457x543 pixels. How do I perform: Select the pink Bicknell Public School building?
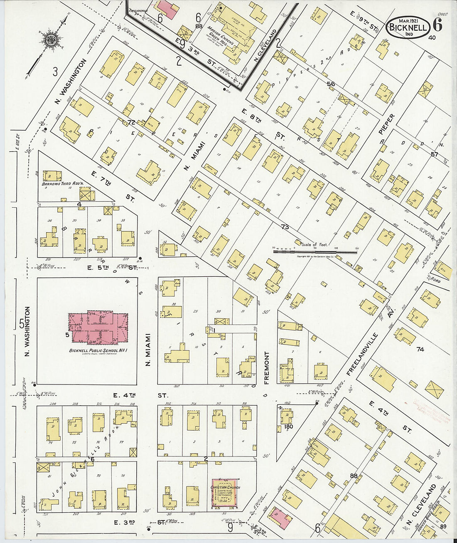click(x=99, y=327)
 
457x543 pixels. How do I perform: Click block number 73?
click(x=285, y=227)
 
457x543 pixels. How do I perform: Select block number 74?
click(x=420, y=350)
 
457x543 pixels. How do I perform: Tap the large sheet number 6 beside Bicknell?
click(x=437, y=26)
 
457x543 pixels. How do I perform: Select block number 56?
click(x=331, y=84)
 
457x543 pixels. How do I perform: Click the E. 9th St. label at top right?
click(x=364, y=22)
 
